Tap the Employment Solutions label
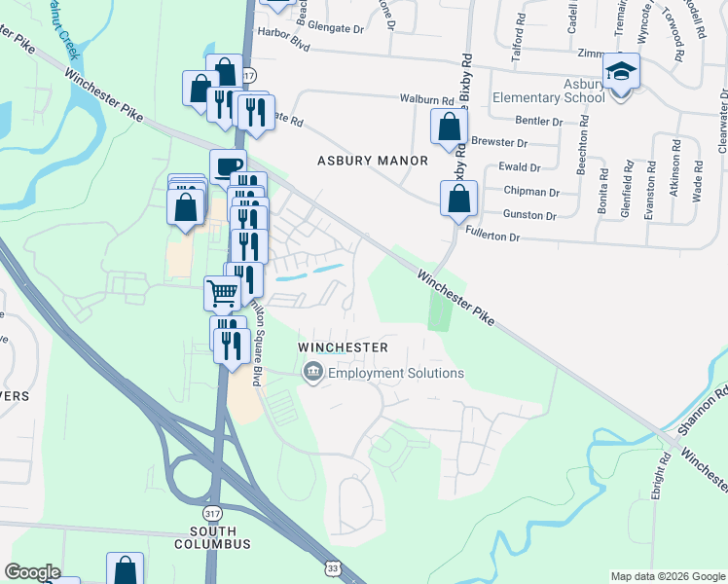(x=395, y=373)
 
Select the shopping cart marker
(x=222, y=291)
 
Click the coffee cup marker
(x=228, y=166)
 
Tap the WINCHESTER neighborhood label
(x=343, y=347)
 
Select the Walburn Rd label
(x=427, y=99)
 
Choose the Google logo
(x=32, y=572)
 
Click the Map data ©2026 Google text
(x=667, y=576)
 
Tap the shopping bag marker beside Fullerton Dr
(x=458, y=200)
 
